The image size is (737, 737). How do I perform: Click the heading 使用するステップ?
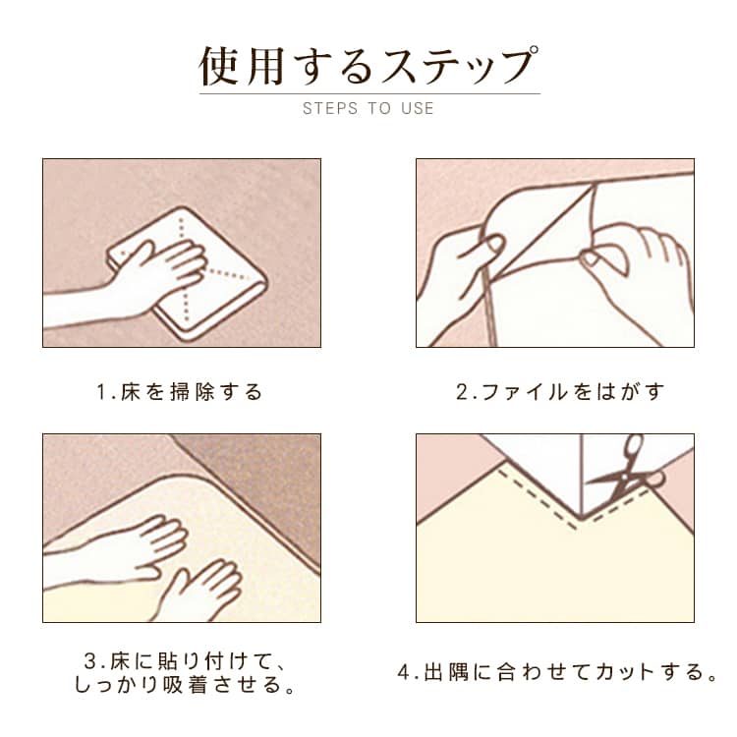tap(368, 66)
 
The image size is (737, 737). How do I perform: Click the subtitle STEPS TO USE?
tap(368, 108)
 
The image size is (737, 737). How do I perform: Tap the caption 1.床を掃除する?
tap(180, 392)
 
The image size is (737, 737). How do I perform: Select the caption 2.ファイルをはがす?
tap(560, 392)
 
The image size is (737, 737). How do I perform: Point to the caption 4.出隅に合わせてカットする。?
tap(557, 672)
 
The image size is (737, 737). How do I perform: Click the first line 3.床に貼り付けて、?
tap(185, 661)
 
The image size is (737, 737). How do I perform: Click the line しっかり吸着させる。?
tap(185, 684)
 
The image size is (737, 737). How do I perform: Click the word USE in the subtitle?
tap(418, 108)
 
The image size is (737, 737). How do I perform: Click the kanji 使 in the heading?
tap(218, 66)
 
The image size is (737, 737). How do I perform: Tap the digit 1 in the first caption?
tap(101, 392)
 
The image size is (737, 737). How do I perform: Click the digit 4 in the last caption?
tap(404, 672)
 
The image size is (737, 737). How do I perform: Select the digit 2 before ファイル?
tap(462, 392)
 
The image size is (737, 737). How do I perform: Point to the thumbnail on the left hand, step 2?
tap(493, 244)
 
